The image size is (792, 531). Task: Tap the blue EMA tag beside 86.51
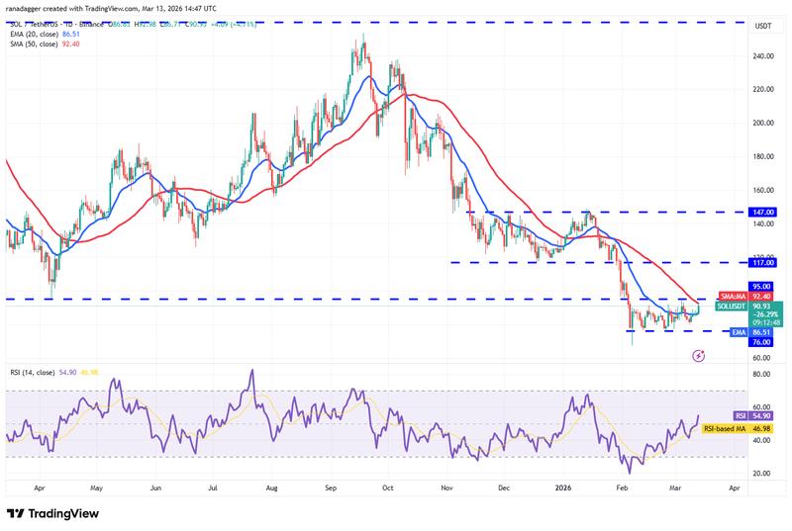coord(737,333)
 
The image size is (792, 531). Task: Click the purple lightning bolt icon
coord(701,353)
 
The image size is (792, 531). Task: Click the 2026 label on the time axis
coord(562,487)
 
